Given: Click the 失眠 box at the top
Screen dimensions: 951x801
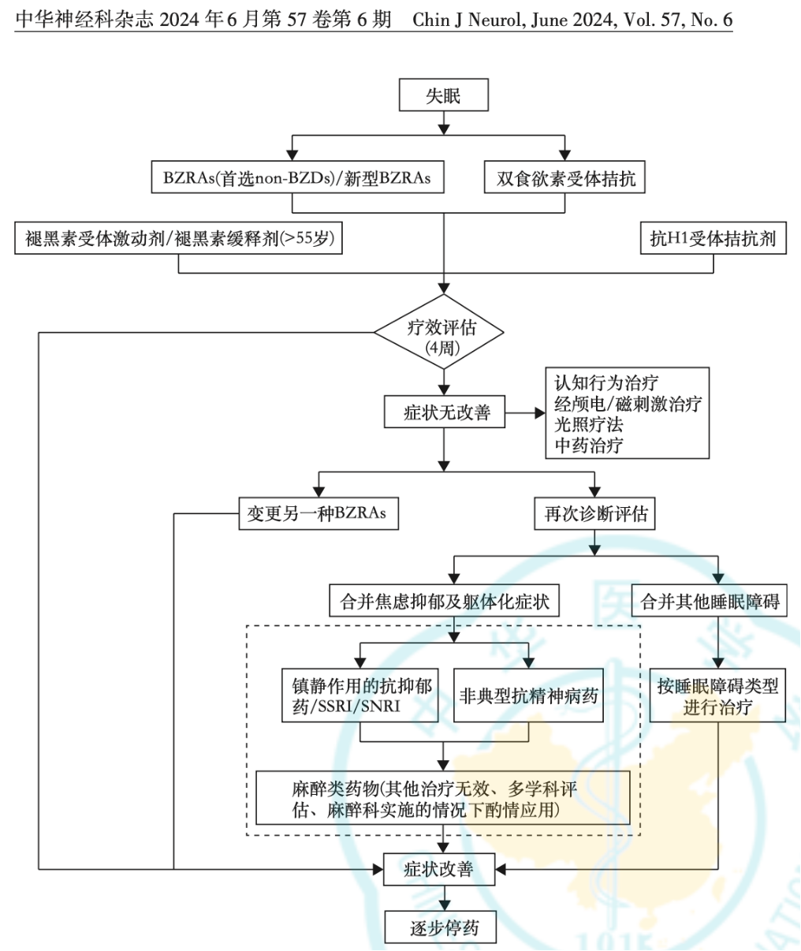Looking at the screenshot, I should [444, 96].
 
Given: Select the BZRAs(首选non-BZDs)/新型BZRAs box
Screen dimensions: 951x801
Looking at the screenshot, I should [296, 177].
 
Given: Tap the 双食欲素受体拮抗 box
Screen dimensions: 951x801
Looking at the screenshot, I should [565, 178].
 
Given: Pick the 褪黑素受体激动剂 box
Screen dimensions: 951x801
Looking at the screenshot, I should [179, 238].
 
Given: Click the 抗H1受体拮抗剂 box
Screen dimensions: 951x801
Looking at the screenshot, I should [713, 238].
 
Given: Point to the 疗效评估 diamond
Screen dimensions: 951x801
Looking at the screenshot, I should [438, 334].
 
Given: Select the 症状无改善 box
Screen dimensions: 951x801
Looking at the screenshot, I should [445, 412].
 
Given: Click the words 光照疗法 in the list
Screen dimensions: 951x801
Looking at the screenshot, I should [588, 424].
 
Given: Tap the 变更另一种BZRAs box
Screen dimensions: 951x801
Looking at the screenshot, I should [319, 513].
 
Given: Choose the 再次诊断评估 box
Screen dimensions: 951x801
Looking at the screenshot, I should [595, 513].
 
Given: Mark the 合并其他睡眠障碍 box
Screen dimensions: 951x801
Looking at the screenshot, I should [710, 602].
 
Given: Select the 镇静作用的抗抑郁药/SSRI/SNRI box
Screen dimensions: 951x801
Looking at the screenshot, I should [360, 696].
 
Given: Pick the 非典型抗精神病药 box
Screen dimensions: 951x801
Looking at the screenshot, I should [528, 696].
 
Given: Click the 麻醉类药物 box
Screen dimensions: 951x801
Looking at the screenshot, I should [443, 798].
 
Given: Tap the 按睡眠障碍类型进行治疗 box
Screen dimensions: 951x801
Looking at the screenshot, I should [717, 696].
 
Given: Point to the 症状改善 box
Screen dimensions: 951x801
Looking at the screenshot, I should [439, 869].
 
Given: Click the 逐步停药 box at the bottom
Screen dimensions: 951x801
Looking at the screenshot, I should [441, 927].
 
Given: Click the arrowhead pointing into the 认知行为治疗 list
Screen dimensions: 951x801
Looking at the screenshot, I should [540, 412].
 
